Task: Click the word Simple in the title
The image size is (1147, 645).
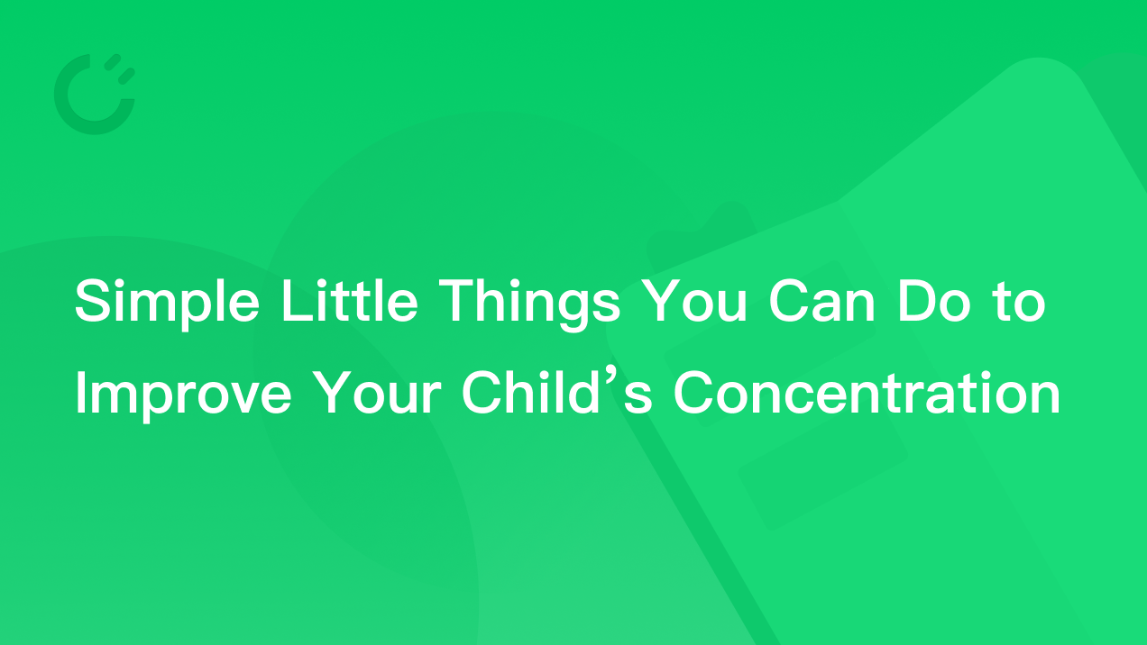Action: [x=167, y=303]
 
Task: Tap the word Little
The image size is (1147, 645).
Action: [x=350, y=300]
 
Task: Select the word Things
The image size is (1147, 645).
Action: [x=529, y=304]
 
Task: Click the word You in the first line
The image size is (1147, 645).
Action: [x=693, y=301]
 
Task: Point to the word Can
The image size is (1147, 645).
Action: [x=821, y=301]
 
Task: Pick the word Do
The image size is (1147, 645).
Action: [x=934, y=301]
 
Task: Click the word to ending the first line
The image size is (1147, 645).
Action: [x=1019, y=303]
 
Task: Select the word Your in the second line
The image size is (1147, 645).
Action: [x=377, y=393]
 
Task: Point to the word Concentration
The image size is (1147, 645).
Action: [x=867, y=393]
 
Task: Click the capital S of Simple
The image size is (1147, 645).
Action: [x=94, y=301]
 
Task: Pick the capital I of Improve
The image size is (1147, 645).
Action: [x=80, y=393]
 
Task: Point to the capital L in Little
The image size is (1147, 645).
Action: [x=297, y=301]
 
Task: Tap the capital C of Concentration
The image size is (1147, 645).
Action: [x=694, y=393]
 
